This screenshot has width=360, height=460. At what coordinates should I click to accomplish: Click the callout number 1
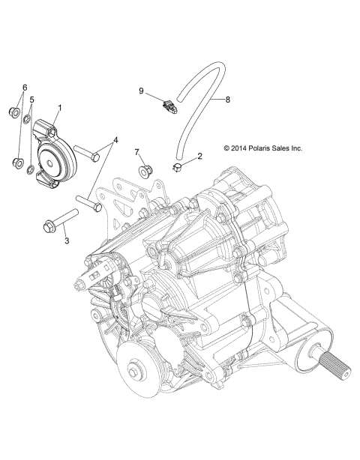(x=59, y=107)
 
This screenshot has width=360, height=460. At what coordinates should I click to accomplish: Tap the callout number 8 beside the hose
(x=228, y=98)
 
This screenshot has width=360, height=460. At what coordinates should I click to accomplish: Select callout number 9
(x=141, y=91)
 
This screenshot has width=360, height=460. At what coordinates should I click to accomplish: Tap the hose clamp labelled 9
(x=169, y=104)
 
